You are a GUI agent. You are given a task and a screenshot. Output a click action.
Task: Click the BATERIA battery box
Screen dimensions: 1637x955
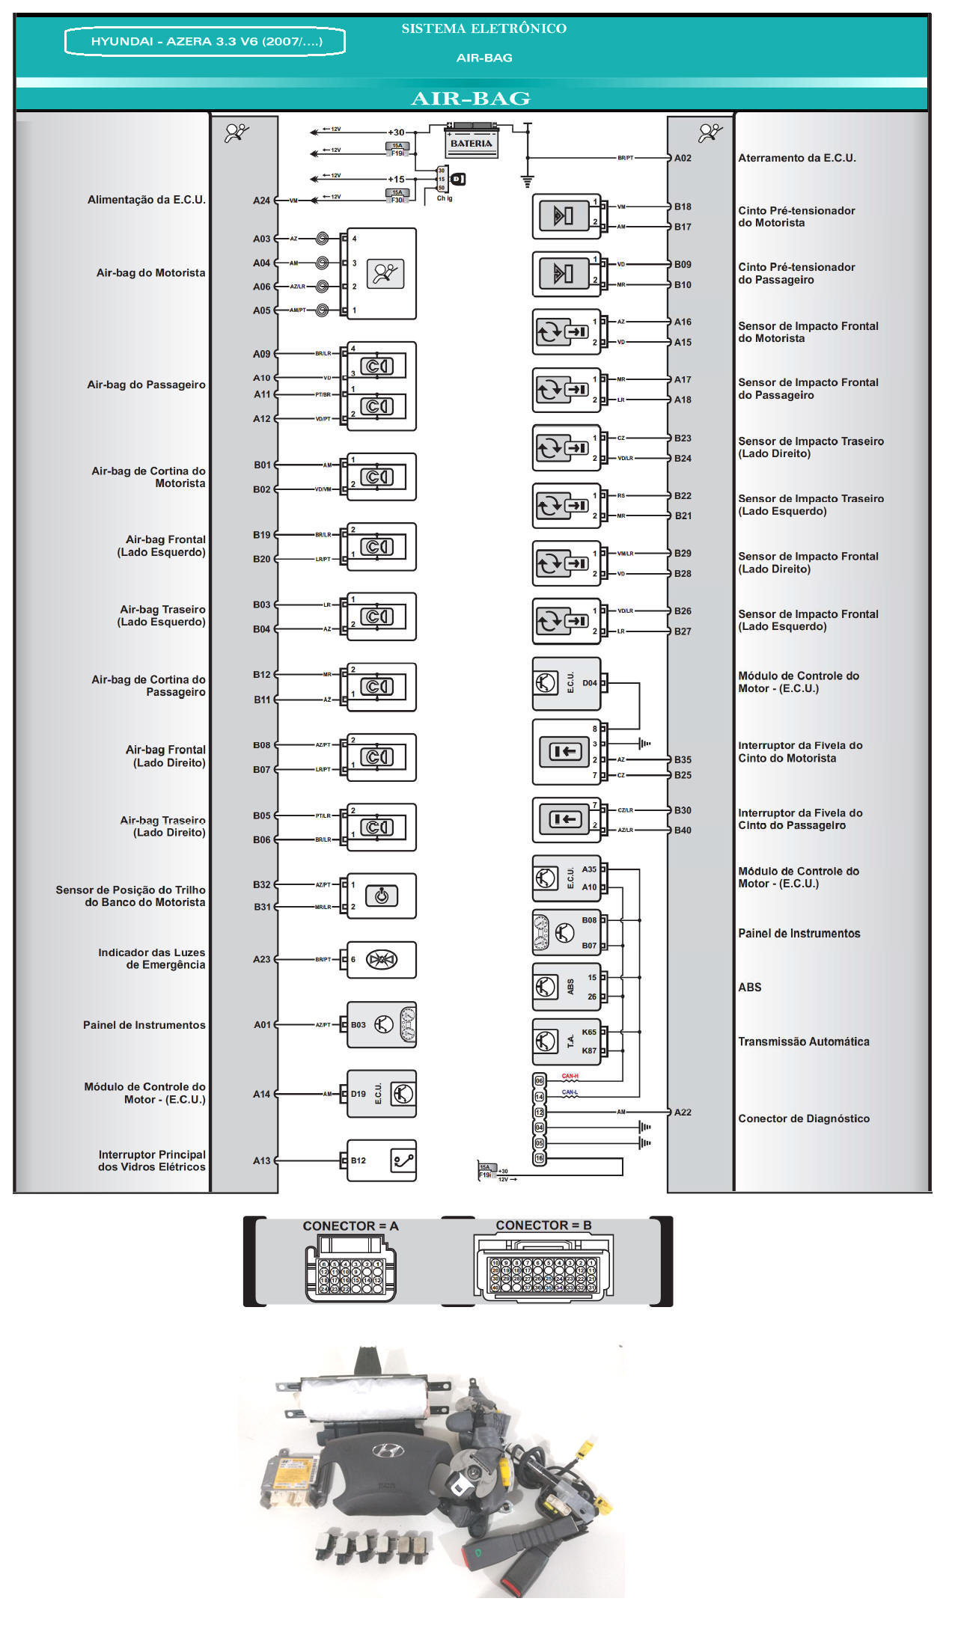coord(471,142)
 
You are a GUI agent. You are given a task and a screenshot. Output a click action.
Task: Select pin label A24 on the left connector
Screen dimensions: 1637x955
coord(261,201)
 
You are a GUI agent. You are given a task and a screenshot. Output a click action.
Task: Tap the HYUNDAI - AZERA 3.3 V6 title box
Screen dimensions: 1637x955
coord(206,41)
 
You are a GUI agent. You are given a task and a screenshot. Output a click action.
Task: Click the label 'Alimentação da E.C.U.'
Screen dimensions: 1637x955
coord(146,200)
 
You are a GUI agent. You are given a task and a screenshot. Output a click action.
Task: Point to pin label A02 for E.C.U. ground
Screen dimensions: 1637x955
coord(683,158)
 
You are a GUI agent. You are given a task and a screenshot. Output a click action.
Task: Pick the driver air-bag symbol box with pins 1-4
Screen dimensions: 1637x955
coord(381,274)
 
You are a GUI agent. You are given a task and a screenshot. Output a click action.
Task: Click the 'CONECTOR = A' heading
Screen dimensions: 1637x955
coord(350,1226)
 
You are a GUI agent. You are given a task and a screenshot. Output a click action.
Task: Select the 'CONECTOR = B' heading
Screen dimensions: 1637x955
coord(543,1225)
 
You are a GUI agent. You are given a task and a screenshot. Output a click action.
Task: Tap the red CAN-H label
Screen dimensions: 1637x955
coord(570,1076)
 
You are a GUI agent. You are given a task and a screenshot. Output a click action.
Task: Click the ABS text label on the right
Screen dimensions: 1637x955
coord(749,987)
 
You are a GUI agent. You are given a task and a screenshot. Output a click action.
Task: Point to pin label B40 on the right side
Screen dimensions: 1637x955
coord(683,830)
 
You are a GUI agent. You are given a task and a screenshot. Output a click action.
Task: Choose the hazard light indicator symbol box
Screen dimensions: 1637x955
coord(381,959)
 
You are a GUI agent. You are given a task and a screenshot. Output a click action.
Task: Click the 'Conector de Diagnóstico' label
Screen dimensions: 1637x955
coord(803,1119)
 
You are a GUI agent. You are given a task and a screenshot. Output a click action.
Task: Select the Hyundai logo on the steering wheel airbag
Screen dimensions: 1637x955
coord(388,1451)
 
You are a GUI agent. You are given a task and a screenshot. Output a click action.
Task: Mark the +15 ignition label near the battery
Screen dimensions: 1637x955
coord(395,180)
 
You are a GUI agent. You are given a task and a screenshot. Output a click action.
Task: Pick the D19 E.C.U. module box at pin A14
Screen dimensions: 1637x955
coord(381,1094)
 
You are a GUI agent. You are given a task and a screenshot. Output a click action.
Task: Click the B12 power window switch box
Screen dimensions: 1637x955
coord(381,1160)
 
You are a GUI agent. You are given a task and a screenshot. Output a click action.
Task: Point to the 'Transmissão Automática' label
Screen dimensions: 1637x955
coord(803,1041)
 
